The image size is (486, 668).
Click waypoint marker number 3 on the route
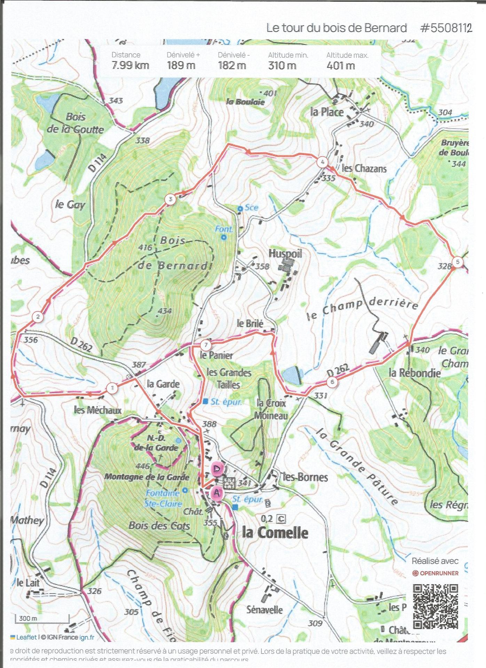[170, 199]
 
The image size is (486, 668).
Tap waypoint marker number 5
[457, 262]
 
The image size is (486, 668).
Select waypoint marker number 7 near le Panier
[206, 345]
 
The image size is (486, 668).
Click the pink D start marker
[217, 469]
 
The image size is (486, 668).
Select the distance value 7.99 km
[130, 65]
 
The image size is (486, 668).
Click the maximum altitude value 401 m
[340, 65]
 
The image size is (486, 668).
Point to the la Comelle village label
[275, 533]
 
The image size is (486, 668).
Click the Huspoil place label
[285, 253]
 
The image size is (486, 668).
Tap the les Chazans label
[364, 169]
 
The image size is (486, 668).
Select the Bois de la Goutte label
[76, 123]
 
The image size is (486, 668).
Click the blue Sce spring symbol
[240, 208]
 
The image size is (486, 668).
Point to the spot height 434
[164, 311]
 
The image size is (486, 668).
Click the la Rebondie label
[414, 373]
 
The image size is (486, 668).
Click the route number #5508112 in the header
[446, 28]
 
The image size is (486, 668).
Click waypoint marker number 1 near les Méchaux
[112, 388]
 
